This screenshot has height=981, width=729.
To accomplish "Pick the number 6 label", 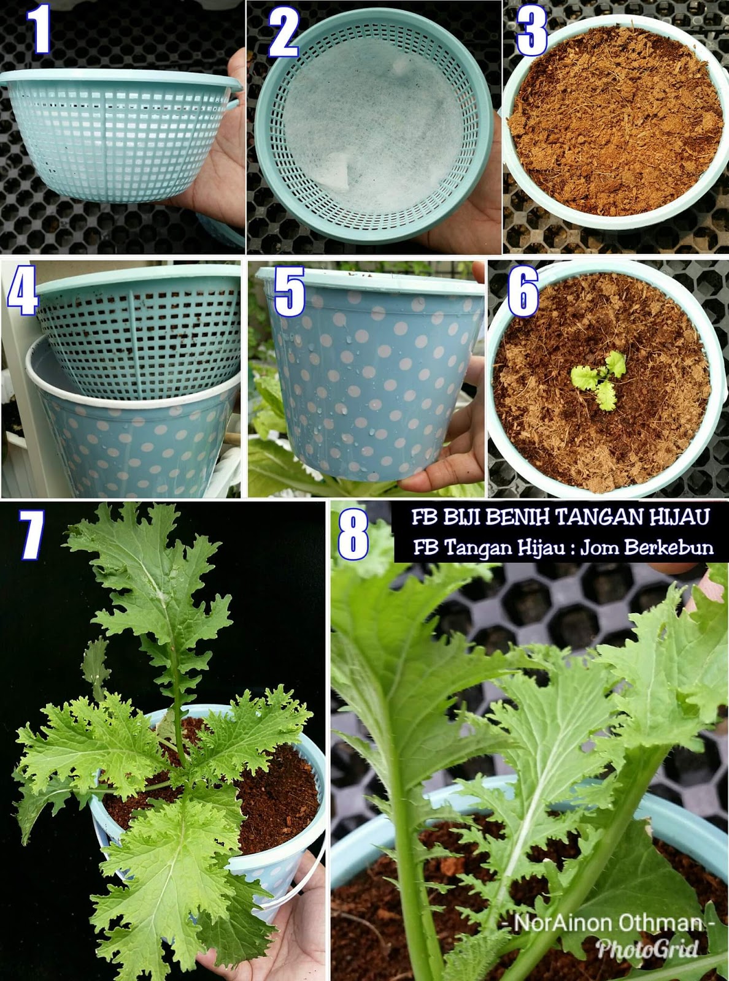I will pos(522,292).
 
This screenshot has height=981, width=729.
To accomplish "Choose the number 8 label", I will pos(353,535).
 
